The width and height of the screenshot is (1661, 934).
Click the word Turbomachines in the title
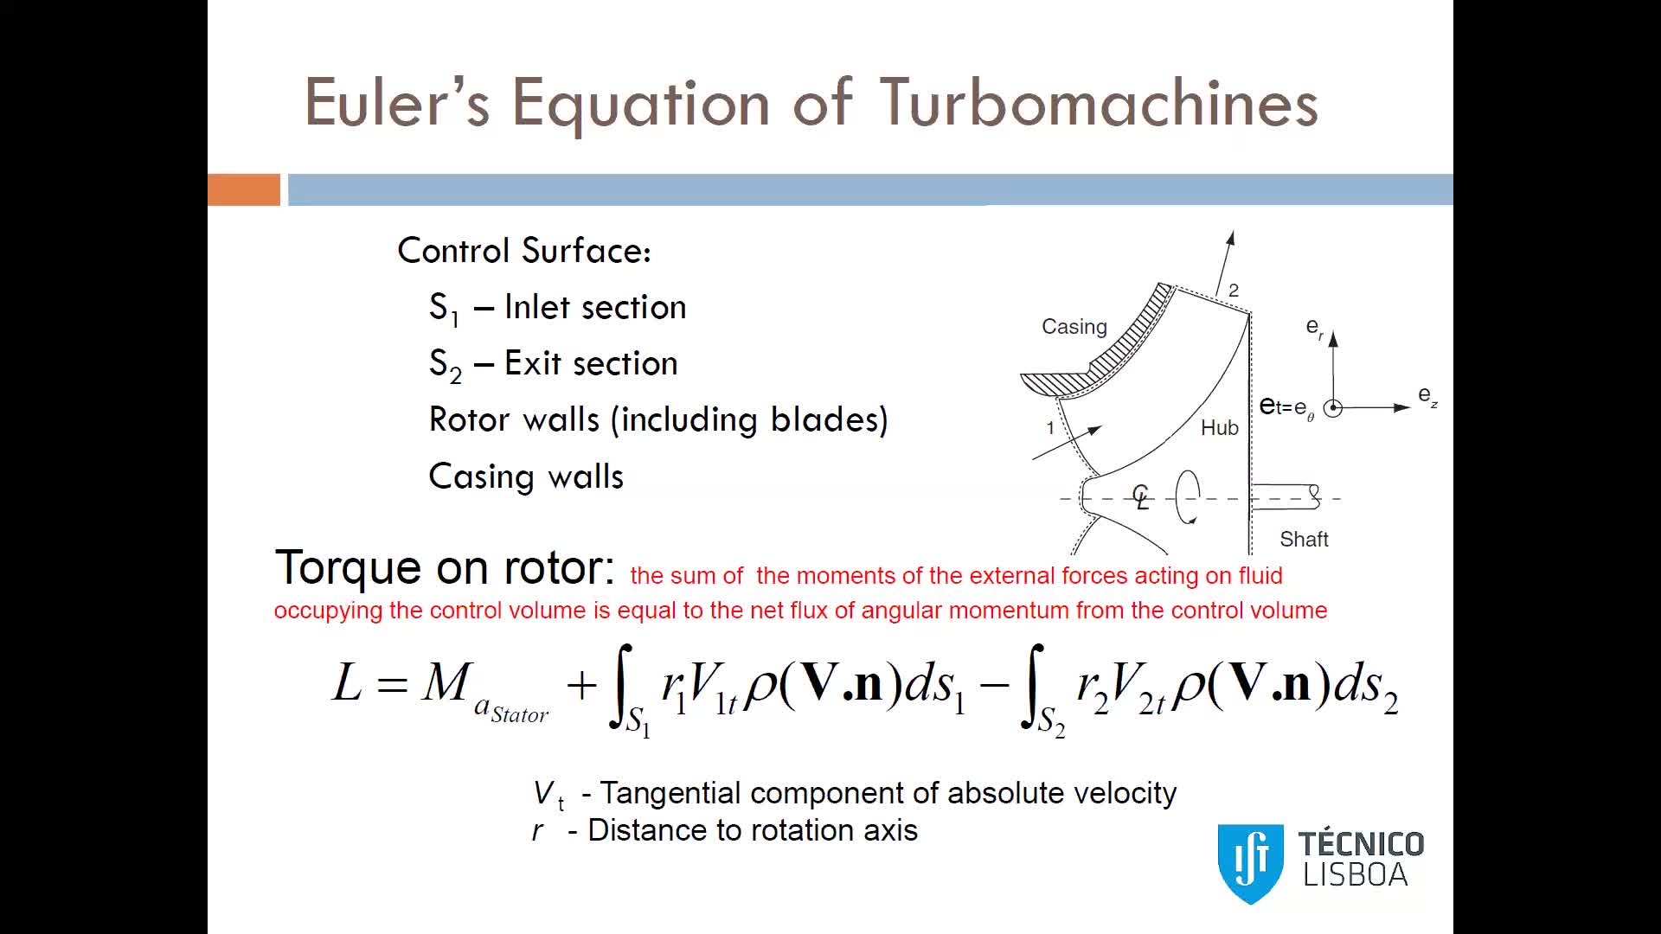point(1099,103)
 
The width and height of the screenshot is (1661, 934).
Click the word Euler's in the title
point(397,103)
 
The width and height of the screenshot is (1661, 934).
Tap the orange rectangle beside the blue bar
point(244,189)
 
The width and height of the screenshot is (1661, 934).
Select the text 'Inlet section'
point(595,307)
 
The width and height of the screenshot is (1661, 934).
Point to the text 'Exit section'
point(591,363)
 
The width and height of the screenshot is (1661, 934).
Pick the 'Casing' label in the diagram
point(1074,327)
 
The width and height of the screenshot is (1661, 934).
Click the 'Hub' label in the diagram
point(1219,428)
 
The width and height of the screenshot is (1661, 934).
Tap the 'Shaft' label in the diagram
point(1304,540)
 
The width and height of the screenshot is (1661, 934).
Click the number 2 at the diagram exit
point(1234,291)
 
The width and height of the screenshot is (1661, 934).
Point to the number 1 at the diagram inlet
point(1050,427)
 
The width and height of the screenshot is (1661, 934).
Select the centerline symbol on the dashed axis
point(1141,496)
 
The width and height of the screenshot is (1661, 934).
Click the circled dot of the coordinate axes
point(1333,408)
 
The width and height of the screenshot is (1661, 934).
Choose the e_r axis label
point(1314,328)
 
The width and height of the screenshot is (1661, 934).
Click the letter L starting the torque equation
point(348,682)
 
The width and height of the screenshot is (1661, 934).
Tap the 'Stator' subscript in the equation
point(519,714)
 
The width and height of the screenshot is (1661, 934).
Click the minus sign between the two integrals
point(994,685)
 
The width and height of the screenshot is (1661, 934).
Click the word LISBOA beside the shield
point(1356,875)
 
